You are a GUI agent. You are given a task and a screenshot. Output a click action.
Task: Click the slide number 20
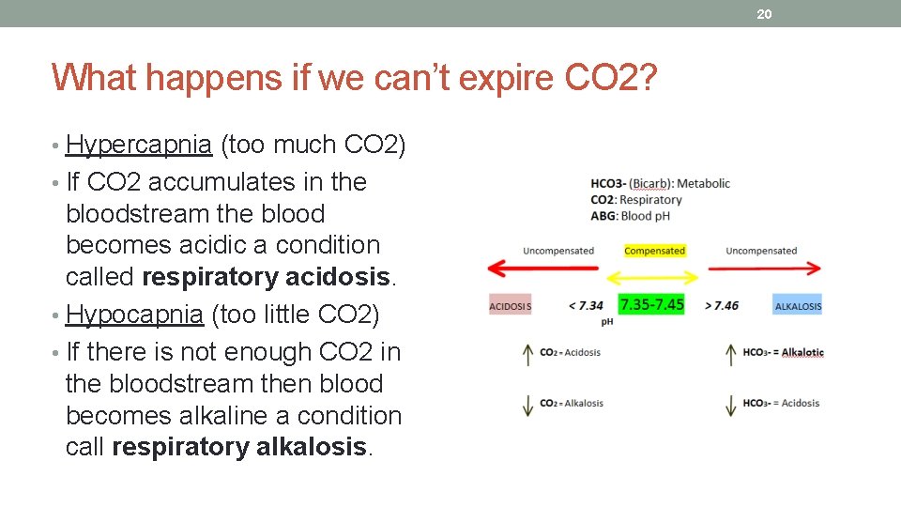(x=763, y=14)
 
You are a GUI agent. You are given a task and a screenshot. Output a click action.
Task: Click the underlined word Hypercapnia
(x=139, y=145)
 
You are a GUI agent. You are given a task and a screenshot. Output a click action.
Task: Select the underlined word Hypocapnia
(x=135, y=315)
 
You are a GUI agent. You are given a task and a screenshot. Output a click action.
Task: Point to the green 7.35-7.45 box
(x=651, y=304)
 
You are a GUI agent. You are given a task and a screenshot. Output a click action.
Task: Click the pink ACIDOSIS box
(x=511, y=305)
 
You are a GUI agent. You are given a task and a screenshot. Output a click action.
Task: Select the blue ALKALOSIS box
(x=798, y=305)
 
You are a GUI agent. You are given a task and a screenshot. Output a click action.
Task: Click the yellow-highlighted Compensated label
(x=654, y=251)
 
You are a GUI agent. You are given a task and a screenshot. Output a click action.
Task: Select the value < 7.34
(x=586, y=305)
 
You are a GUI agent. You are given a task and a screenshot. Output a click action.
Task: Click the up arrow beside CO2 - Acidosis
(x=527, y=355)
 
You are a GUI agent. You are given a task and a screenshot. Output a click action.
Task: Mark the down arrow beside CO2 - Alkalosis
(x=527, y=405)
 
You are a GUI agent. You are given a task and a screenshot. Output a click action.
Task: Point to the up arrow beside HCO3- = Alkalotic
(x=730, y=354)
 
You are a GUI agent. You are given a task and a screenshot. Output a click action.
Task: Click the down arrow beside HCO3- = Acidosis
(x=730, y=405)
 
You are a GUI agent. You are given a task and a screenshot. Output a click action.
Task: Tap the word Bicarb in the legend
(x=649, y=183)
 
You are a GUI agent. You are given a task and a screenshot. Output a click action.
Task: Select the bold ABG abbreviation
(x=603, y=215)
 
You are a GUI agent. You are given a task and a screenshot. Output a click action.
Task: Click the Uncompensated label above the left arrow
(x=558, y=251)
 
